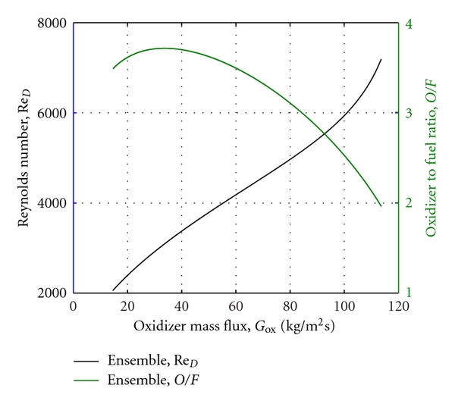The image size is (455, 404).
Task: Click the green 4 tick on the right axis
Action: (x=410, y=23)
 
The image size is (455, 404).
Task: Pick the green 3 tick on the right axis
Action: (x=410, y=113)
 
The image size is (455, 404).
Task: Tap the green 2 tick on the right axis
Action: (x=410, y=203)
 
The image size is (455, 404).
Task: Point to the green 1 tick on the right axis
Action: (x=410, y=293)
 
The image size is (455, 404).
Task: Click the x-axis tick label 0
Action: (x=73, y=307)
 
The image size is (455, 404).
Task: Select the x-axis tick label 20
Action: (x=127, y=307)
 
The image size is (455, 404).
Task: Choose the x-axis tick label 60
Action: (x=236, y=307)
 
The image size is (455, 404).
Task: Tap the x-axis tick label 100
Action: (x=344, y=307)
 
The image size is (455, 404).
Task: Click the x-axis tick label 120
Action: (x=398, y=307)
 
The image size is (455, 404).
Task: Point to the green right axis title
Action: (x=430, y=158)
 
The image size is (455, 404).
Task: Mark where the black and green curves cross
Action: (x=325, y=133)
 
